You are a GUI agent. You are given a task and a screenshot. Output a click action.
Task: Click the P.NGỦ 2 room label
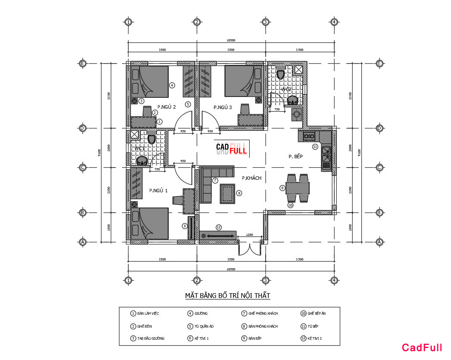166,107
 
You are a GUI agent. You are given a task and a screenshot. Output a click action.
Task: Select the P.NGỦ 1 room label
158,190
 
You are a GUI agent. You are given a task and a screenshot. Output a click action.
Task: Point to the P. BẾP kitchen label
296,157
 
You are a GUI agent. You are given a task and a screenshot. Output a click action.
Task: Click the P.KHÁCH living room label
251,178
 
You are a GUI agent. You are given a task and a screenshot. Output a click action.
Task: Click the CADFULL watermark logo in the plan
231,149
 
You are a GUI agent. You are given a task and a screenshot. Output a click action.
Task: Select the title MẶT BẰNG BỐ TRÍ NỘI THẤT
227,296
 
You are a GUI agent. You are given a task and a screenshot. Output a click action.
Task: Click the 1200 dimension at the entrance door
249,235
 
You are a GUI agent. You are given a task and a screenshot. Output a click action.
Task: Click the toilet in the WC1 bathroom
151,139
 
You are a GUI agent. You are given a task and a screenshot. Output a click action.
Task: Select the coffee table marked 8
228,193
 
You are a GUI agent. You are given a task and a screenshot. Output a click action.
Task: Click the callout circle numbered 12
219,227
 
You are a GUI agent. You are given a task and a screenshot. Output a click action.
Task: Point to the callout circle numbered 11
315,147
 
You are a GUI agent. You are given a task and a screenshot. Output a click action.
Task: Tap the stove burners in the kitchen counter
309,137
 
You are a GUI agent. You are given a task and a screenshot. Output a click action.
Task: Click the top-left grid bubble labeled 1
128,22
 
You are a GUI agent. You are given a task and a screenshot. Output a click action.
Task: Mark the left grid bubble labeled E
83,63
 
